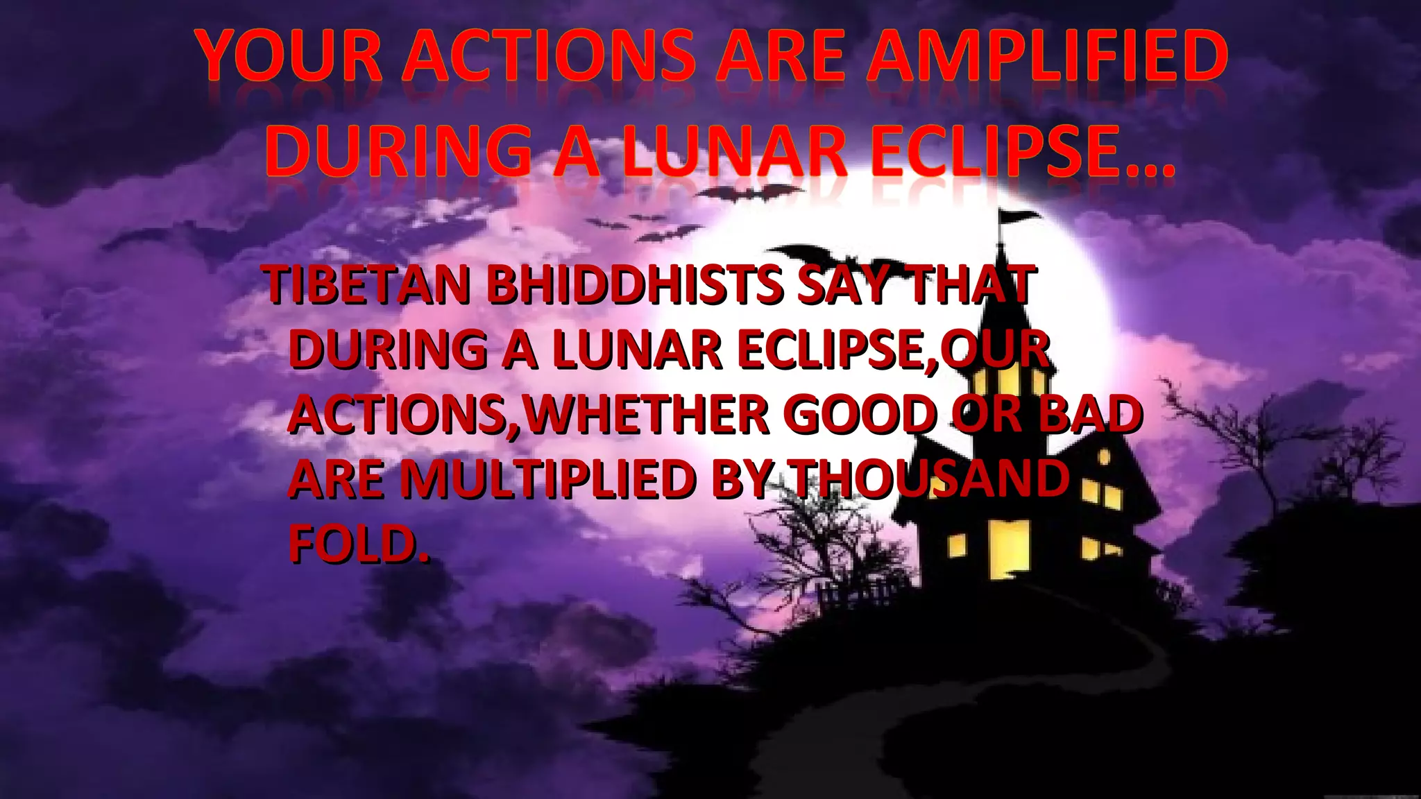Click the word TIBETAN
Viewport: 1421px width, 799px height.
368,286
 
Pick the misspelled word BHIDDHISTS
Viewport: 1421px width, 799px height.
636,286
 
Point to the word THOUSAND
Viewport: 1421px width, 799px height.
930,479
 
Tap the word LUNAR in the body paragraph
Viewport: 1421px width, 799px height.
638,350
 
